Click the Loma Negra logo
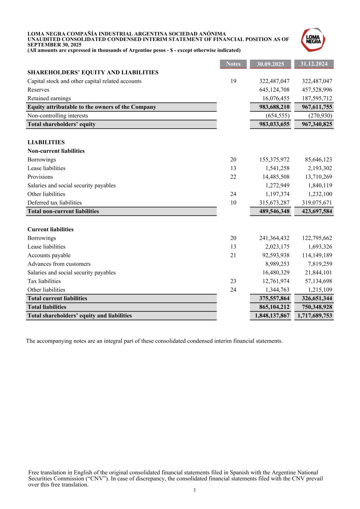[x=313, y=40]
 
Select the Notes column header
[x=233, y=64]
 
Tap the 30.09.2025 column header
[x=270, y=64]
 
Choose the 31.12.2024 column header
[x=314, y=64]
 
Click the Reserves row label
[x=38, y=90]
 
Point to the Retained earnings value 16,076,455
[x=276, y=98]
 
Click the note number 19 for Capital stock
[x=233, y=81]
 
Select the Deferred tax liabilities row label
[x=54, y=203]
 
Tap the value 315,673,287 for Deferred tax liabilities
[x=274, y=203]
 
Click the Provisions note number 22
[x=233, y=177]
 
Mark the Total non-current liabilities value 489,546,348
[x=274, y=211]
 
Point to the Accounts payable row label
[x=49, y=255]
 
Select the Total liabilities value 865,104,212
[x=274, y=307]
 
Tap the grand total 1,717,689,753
[x=315, y=315]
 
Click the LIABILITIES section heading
[x=46, y=142]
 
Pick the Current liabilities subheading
[x=50, y=229]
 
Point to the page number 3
[x=194, y=490]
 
